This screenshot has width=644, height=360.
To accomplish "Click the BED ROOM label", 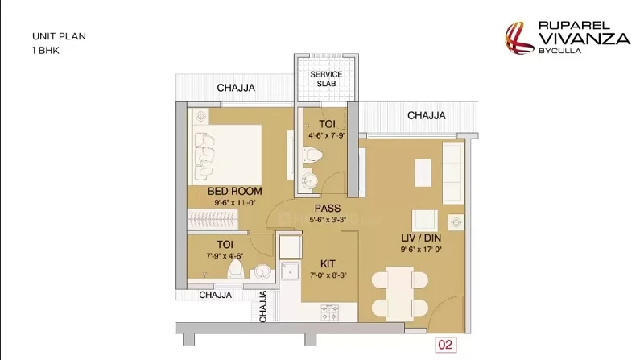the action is pos(234,191).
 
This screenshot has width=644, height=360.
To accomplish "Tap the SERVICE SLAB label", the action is pos(326,79).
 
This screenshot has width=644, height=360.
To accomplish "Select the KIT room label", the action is pos(328,264).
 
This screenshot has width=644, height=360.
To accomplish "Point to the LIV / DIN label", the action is pos(421,238).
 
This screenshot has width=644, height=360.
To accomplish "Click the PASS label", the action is pos(328,209).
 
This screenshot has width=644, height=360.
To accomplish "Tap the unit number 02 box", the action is pos(446,345).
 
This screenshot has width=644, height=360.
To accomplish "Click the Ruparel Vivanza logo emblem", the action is pos(519,38).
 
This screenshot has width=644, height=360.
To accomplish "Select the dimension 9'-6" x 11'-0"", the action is pos(235,202).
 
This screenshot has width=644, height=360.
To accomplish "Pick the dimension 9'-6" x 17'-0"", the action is pos(421,249).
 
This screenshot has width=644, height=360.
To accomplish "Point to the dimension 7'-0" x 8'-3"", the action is pos(328,275).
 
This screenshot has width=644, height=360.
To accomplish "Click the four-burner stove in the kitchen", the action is pos(329,312).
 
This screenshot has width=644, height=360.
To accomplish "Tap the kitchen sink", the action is pos(290,271).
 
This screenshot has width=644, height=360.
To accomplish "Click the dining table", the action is pos(399,294).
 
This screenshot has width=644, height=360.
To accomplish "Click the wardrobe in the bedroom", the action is pos(213,219).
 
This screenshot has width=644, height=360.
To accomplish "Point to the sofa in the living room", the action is pos(453,172).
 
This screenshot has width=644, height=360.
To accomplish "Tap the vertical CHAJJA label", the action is pos(263,306).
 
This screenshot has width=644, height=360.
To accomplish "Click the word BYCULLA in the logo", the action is pos(559,51).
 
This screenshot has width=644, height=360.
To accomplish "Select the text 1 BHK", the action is pos(46,51).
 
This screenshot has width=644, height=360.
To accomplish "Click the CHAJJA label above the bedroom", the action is pos(236,88).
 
